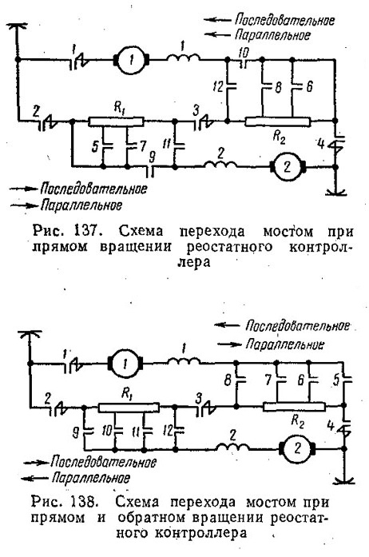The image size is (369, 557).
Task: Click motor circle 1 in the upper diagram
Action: (x=132, y=61)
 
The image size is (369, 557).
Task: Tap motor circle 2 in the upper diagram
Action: (x=288, y=166)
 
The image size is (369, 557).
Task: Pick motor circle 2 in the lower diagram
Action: (x=298, y=448)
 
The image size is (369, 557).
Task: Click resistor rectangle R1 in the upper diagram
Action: (x=116, y=121)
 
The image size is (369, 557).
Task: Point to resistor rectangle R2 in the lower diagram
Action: (x=294, y=407)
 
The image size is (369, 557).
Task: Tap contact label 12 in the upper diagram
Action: (x=218, y=86)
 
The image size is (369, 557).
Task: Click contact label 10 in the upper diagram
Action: (x=244, y=52)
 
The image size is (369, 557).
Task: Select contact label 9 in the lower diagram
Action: (x=76, y=432)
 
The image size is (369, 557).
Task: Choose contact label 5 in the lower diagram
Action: (x=337, y=380)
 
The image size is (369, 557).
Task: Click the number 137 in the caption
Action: (x=85, y=231)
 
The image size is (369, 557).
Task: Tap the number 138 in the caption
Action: (x=83, y=502)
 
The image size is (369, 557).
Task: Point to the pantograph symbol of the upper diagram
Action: (x=17, y=26)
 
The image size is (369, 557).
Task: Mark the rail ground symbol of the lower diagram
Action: (x=343, y=481)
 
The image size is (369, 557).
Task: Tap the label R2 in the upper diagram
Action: (x=279, y=137)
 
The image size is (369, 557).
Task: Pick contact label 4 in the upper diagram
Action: (x=321, y=144)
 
